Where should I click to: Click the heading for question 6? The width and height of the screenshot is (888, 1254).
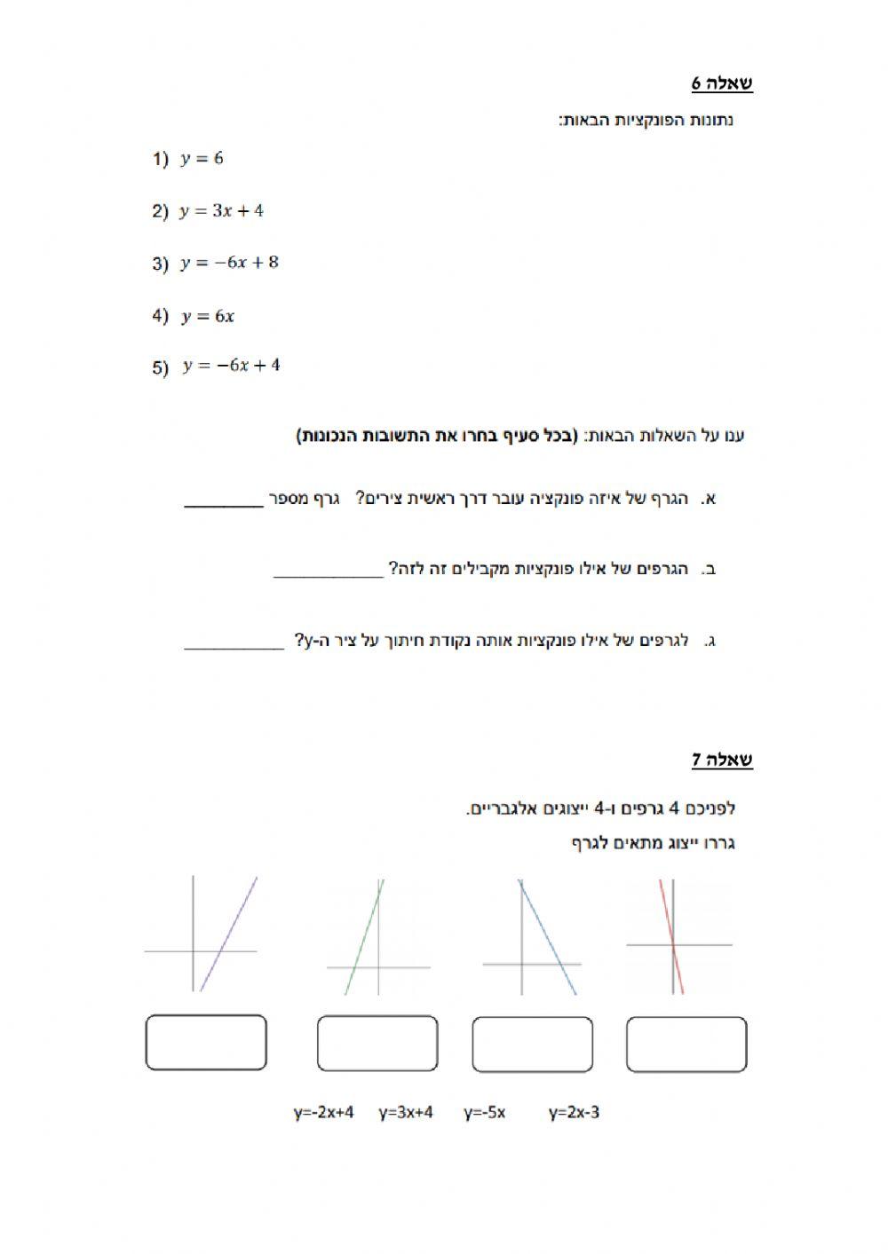coord(722,83)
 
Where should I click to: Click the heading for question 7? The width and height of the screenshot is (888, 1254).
coord(722,760)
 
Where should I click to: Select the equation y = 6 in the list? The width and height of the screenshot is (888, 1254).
coord(202,159)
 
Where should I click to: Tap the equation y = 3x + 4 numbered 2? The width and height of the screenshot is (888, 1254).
coord(221,211)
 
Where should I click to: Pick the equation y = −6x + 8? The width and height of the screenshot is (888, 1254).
coord(229,263)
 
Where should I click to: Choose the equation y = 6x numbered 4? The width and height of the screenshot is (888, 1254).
coord(208,316)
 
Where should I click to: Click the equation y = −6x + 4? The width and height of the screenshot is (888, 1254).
coord(231,366)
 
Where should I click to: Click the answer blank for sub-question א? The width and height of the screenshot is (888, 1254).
coord(224,502)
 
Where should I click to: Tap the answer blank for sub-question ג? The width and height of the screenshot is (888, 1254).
coord(234,645)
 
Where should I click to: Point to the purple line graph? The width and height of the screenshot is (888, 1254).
coord(228,934)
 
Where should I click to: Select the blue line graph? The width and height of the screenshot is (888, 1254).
coord(547,936)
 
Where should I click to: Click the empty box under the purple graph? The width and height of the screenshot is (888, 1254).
coord(206,1043)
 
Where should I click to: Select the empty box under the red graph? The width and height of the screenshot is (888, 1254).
coord(686,1045)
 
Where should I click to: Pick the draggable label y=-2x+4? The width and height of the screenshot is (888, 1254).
coord(324,1112)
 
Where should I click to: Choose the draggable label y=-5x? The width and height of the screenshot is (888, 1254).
coord(484,1112)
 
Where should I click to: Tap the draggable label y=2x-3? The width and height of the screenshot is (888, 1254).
coord(574,1112)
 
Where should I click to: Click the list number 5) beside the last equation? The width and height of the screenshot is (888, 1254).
coord(160,367)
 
